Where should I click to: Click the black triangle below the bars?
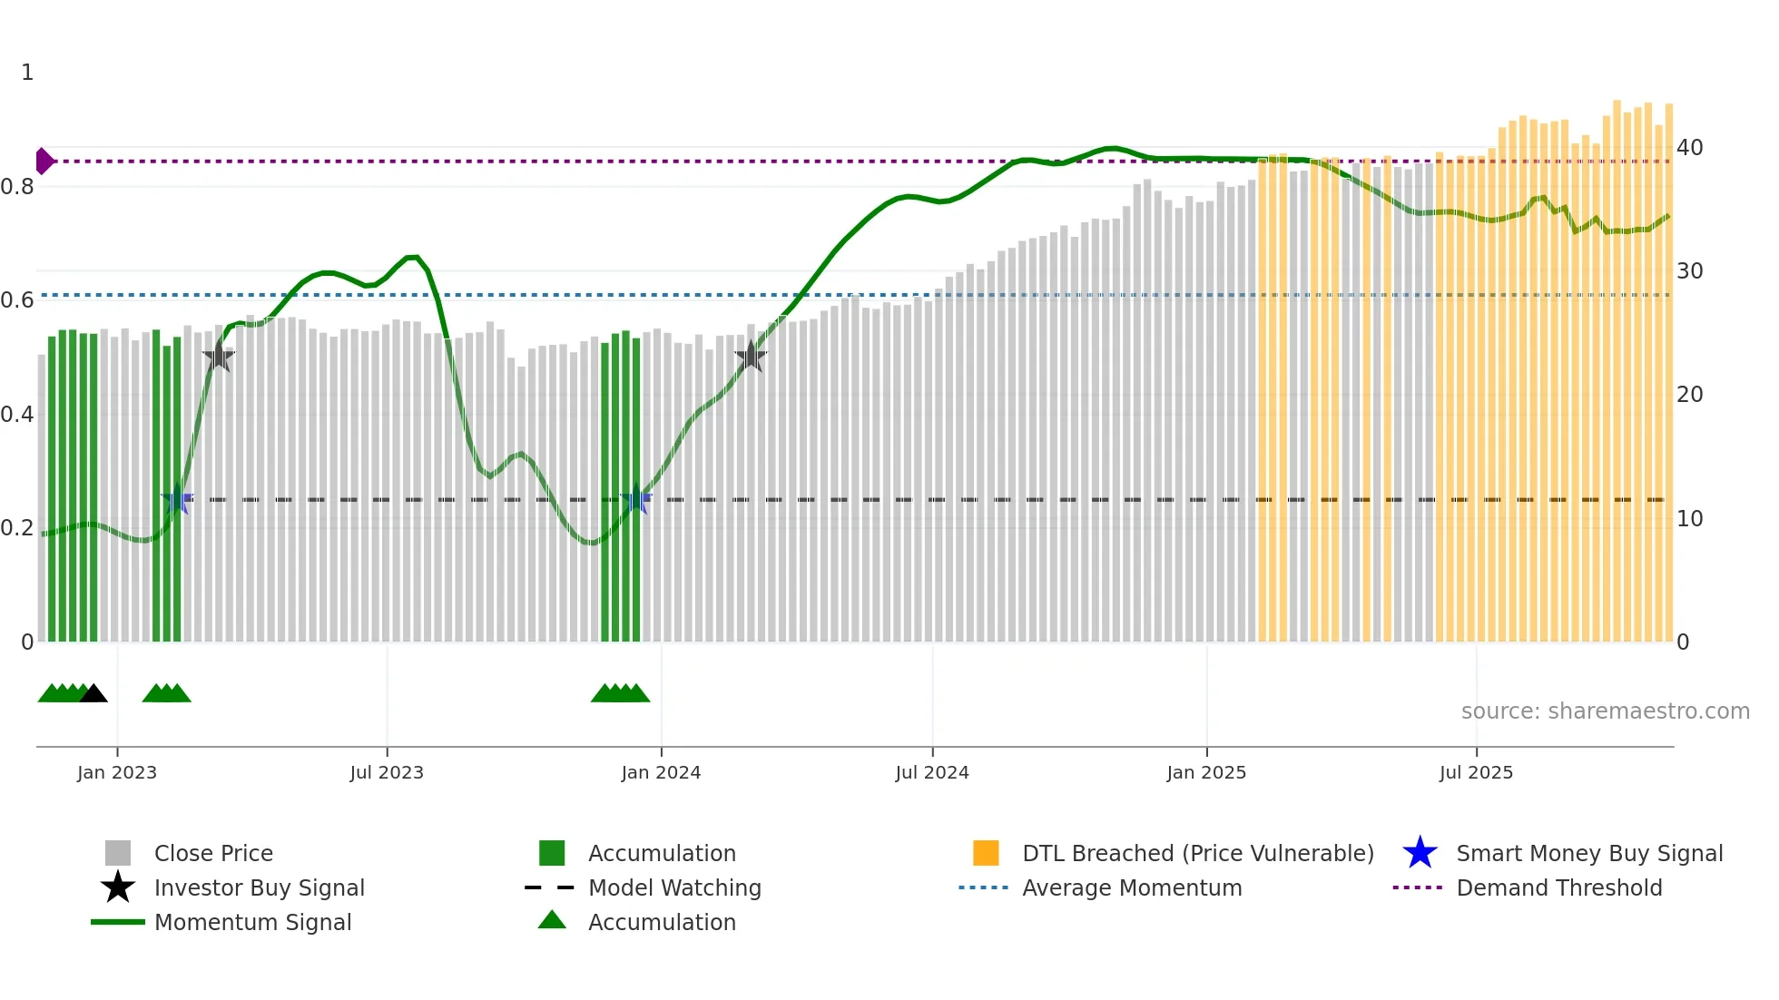pos(93,693)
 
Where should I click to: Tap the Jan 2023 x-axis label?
pos(117,772)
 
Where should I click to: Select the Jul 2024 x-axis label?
pos(932,772)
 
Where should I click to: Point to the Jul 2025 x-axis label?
pos(1476,772)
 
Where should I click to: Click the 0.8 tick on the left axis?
pos(17,187)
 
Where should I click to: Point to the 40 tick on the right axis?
pos(1689,147)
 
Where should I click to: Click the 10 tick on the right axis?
pos(1689,519)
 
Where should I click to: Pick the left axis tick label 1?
pos(27,73)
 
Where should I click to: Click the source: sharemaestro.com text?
pos(1605,711)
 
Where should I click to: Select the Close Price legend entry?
pos(213,853)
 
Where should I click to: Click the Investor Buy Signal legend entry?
pos(259,887)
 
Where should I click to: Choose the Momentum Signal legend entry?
pos(252,922)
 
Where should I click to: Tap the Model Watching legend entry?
pos(673,887)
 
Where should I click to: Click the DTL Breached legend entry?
pos(1197,853)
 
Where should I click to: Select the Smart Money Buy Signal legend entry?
pos(1588,853)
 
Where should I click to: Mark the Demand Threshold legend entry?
pos(1558,887)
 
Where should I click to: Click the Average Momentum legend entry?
pos(1131,887)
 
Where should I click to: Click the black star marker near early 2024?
pos(751,357)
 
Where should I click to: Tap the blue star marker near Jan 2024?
pos(636,500)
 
